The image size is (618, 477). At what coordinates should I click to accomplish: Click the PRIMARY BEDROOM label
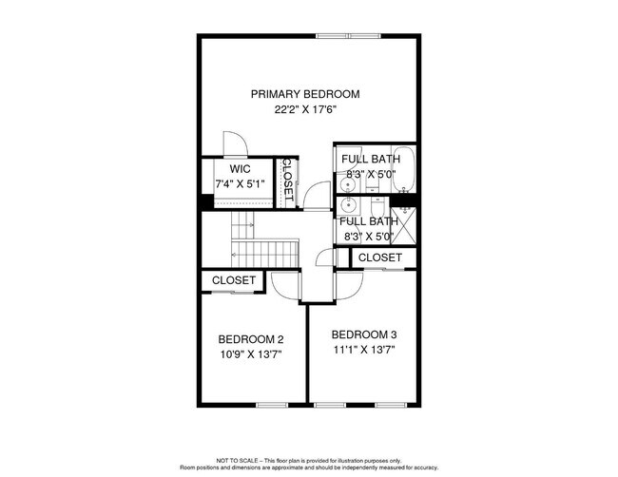point(305,94)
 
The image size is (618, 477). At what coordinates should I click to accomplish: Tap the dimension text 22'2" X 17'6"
point(305,109)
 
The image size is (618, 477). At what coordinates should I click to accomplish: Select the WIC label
point(239,168)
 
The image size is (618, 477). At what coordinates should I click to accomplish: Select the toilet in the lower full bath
point(374,202)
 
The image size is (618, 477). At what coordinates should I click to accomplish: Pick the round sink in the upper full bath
point(347,180)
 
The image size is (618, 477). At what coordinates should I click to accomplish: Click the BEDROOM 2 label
point(251,339)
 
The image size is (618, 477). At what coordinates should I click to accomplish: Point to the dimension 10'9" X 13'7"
point(251,354)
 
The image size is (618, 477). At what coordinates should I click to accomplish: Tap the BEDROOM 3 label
point(363,334)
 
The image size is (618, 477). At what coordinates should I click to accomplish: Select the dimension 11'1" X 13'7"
point(363,350)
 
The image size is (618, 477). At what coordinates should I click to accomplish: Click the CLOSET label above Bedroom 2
point(234,280)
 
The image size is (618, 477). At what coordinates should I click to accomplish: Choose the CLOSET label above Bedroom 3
point(381,258)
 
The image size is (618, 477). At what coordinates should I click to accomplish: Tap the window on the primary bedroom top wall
point(349,36)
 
